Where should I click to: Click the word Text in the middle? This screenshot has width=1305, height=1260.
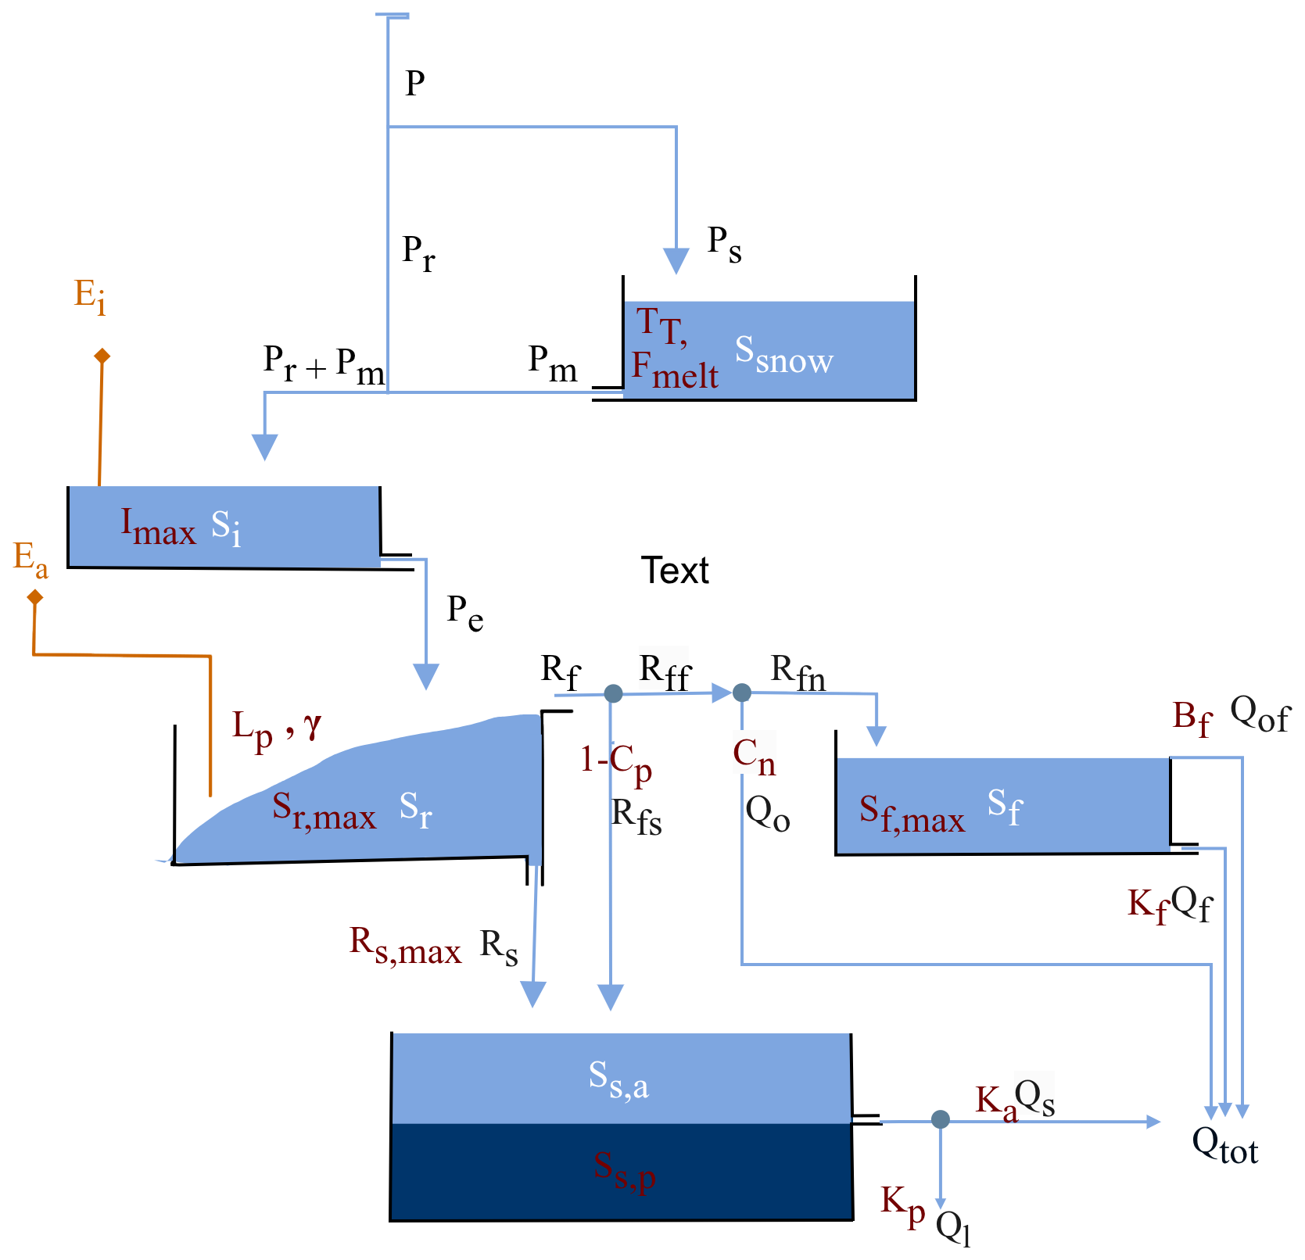pos(675,571)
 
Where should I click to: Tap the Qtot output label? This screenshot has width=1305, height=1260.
pos(1224,1147)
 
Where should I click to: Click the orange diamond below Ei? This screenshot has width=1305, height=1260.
pos(102,356)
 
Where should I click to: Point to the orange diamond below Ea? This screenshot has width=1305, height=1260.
pos(35,598)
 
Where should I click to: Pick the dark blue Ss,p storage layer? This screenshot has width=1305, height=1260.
pos(622,1172)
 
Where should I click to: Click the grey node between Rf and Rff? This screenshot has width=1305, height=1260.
pos(613,693)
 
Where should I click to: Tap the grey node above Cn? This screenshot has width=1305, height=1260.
pos(742,693)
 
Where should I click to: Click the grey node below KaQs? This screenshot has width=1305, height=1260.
pos(941,1119)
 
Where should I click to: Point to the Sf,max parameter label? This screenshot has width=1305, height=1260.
pos(911,814)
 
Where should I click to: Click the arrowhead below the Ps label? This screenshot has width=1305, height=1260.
pos(676,260)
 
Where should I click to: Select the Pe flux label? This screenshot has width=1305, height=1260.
pos(465,613)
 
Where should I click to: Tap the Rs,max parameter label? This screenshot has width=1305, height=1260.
pos(404,946)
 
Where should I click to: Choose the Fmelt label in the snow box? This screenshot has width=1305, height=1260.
pos(674,370)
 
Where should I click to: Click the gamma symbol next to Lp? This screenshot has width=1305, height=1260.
pos(313,726)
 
